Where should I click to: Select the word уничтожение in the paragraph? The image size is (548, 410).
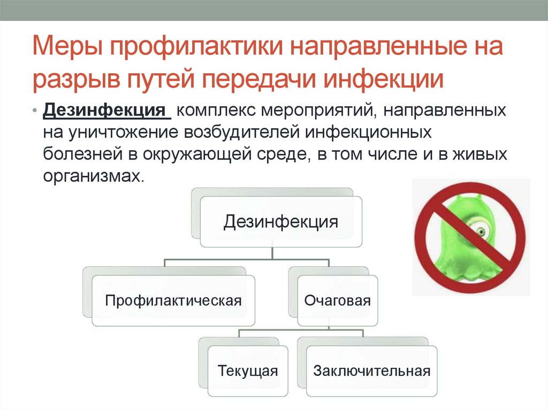click(x=123, y=133)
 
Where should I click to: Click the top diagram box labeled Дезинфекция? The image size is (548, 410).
click(x=280, y=221)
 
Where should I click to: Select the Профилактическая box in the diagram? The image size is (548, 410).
click(x=173, y=300)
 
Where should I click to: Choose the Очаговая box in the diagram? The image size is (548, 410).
click(x=337, y=300)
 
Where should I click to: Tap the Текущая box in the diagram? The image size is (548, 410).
click(x=247, y=370)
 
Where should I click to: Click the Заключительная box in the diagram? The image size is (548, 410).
click(x=372, y=370)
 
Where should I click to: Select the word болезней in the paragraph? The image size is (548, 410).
click(x=80, y=154)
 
